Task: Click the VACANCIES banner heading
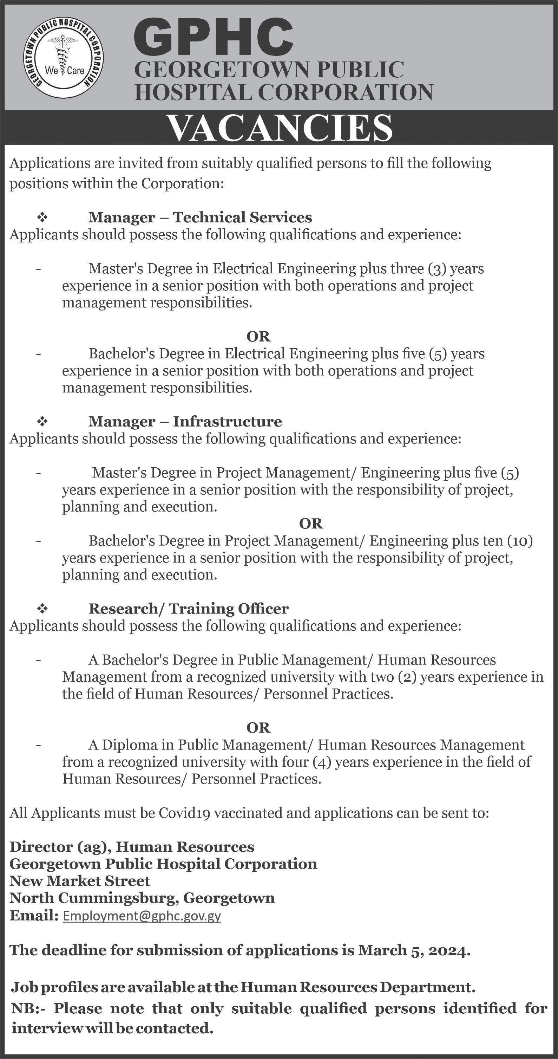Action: point(281,129)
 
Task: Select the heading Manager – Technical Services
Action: point(200,217)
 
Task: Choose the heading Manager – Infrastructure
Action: point(185,421)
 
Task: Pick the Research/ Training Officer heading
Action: point(189,609)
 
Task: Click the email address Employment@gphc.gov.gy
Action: point(142,916)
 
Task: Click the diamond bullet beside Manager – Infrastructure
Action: point(42,421)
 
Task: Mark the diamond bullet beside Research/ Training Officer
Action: point(42,609)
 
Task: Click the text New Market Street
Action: point(80,881)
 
